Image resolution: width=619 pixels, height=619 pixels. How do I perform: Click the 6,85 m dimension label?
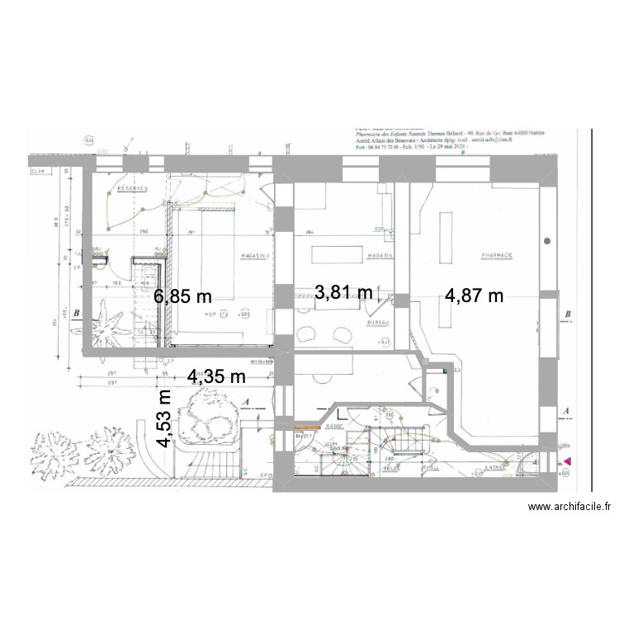tap(183, 296)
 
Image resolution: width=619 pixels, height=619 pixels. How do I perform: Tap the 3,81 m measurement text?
tap(344, 291)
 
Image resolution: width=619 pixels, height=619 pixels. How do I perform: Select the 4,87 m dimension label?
tap(474, 296)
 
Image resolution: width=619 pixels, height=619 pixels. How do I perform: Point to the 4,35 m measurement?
tap(217, 377)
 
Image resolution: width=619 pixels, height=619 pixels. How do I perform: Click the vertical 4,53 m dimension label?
tap(166, 418)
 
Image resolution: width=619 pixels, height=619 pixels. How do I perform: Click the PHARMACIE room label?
tap(497, 256)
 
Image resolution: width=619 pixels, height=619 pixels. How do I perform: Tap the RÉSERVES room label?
tap(131, 189)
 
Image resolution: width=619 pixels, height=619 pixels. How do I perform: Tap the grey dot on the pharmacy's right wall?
tap(548, 241)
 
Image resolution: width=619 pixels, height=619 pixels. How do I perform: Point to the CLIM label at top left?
tap(37, 172)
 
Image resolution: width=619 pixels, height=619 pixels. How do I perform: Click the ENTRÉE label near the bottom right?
tap(497, 467)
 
